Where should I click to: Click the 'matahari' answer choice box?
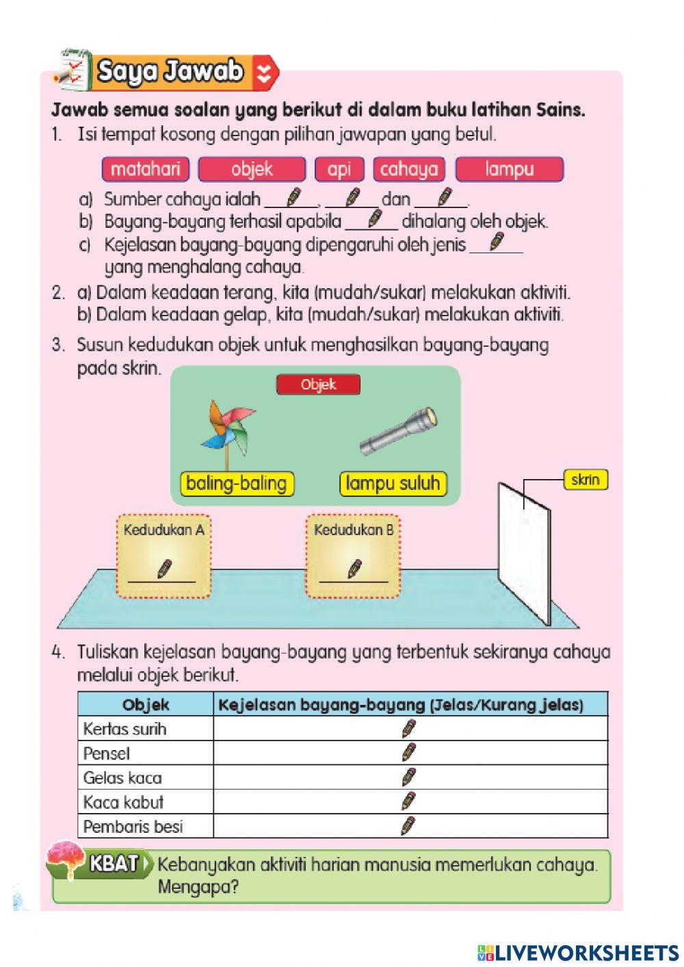tap(145, 169)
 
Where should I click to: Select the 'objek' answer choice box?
tap(252, 169)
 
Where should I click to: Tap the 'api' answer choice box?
tap(339, 169)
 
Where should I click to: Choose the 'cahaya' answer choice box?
tap(409, 169)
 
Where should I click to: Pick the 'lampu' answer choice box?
tap(509, 169)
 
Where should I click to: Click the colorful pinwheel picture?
tap(228, 431)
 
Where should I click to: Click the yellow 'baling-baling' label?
tap(236, 484)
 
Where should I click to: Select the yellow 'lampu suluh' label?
tap(393, 484)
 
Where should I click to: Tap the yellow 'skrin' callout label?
tap(585, 480)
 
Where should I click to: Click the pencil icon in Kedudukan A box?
tap(164, 569)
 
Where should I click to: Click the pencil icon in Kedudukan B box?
tap(354, 569)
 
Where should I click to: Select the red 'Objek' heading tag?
tap(318, 385)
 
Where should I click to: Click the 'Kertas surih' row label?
tap(124, 729)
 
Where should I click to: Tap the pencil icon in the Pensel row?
tap(408, 753)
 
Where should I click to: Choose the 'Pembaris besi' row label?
tap(133, 827)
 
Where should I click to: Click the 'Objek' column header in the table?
tap(146, 704)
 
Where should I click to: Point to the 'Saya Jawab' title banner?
tap(171, 72)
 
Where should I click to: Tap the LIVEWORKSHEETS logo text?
tap(578, 953)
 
